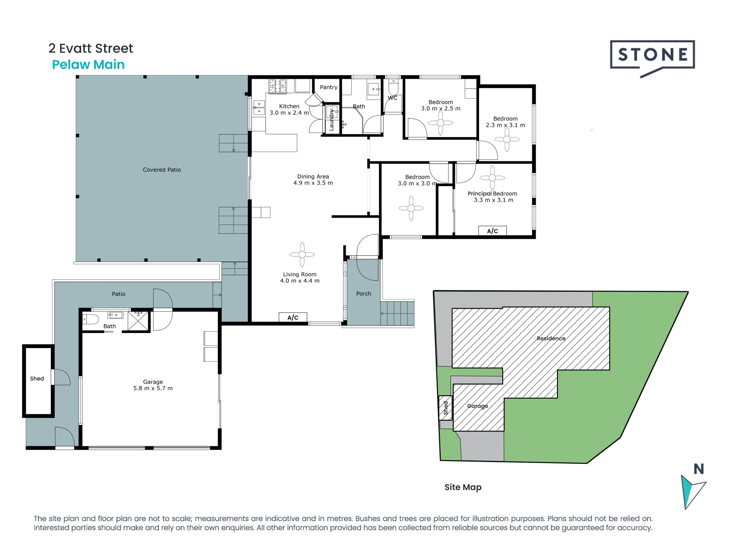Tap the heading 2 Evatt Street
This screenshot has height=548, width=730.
(x=90, y=48)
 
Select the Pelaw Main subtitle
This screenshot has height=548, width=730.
(x=88, y=65)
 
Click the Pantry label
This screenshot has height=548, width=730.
(x=328, y=87)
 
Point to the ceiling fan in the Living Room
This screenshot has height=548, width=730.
(x=302, y=255)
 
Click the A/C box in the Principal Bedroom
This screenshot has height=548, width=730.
(x=492, y=231)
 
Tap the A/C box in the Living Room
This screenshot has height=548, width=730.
(x=293, y=317)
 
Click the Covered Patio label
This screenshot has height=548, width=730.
(x=162, y=170)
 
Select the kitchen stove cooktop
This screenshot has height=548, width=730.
(x=278, y=86)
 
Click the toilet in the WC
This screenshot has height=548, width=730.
(x=393, y=88)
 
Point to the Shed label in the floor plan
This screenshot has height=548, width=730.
(x=37, y=379)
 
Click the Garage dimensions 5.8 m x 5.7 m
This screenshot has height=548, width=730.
(x=153, y=388)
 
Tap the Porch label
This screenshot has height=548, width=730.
(x=363, y=294)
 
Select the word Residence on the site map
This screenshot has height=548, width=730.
(x=551, y=338)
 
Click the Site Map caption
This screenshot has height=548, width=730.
(x=463, y=487)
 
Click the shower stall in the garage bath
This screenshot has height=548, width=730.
(x=138, y=321)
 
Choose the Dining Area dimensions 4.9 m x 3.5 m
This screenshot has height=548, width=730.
(x=313, y=183)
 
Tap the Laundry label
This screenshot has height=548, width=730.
(x=332, y=119)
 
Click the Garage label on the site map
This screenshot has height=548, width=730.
(x=478, y=406)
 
